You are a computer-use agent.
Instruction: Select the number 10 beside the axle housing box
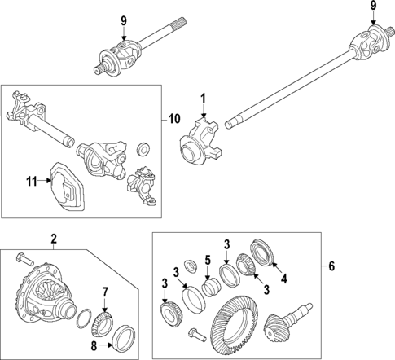pos(174,120)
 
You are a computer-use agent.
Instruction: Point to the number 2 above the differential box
pos(54,239)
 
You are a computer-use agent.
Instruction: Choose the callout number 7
pos(104,292)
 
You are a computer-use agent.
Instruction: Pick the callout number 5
pos(208,261)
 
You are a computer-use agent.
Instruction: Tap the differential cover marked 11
pos(64,187)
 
